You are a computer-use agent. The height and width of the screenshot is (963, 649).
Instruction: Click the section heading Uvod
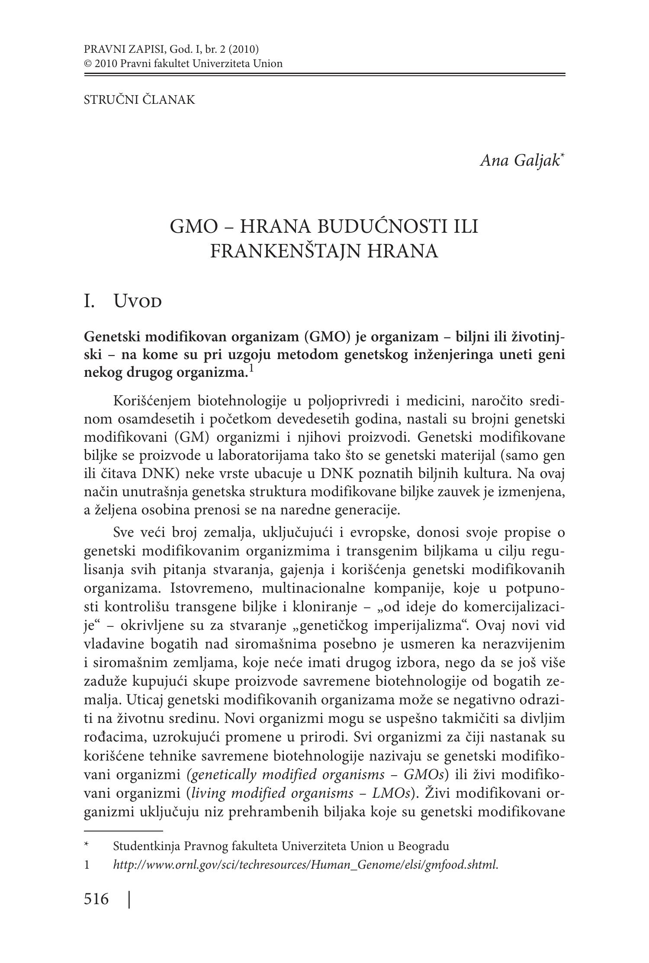(x=137, y=301)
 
